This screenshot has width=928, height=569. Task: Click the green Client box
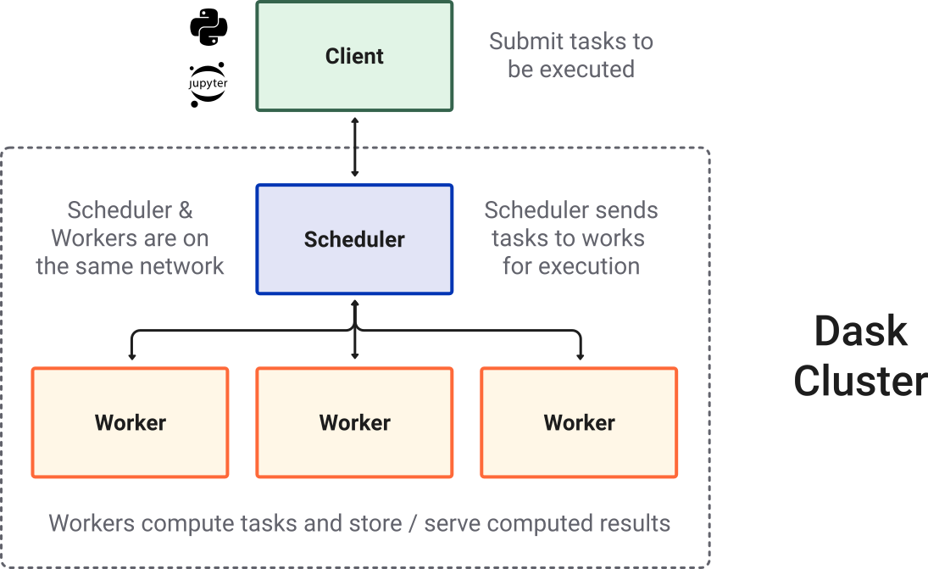pos(354,56)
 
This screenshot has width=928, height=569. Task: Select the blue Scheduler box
pos(354,239)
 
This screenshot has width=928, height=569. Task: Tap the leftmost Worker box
pos(130,422)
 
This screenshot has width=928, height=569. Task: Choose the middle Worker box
pos(354,422)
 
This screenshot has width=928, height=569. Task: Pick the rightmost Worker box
pos(579,422)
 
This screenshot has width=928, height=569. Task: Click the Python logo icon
pos(208,28)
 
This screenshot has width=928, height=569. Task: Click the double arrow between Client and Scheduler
pos(354,148)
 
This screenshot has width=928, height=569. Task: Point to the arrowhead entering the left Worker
pos(130,355)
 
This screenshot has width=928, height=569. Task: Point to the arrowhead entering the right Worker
pos(580,355)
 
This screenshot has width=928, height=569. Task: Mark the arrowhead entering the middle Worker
pos(354,355)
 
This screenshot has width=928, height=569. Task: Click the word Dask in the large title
pos(860,331)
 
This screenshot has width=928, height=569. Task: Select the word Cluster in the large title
pos(860,382)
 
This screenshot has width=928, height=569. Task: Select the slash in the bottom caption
pos(413,523)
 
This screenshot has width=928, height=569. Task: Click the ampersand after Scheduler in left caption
pos(185,210)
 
